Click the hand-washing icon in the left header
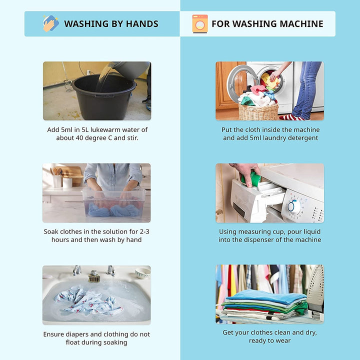[50, 23]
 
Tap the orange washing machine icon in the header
[200, 24]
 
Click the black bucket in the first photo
[104, 96]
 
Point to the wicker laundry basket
[258, 111]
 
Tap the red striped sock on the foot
[291, 117]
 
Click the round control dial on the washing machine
[293, 206]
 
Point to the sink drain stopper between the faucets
[94, 276]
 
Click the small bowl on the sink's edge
[142, 273]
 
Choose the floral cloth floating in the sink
[88, 301]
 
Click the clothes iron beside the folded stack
[315, 291]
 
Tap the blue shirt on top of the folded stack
[266, 296]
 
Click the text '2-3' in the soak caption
[144, 231]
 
